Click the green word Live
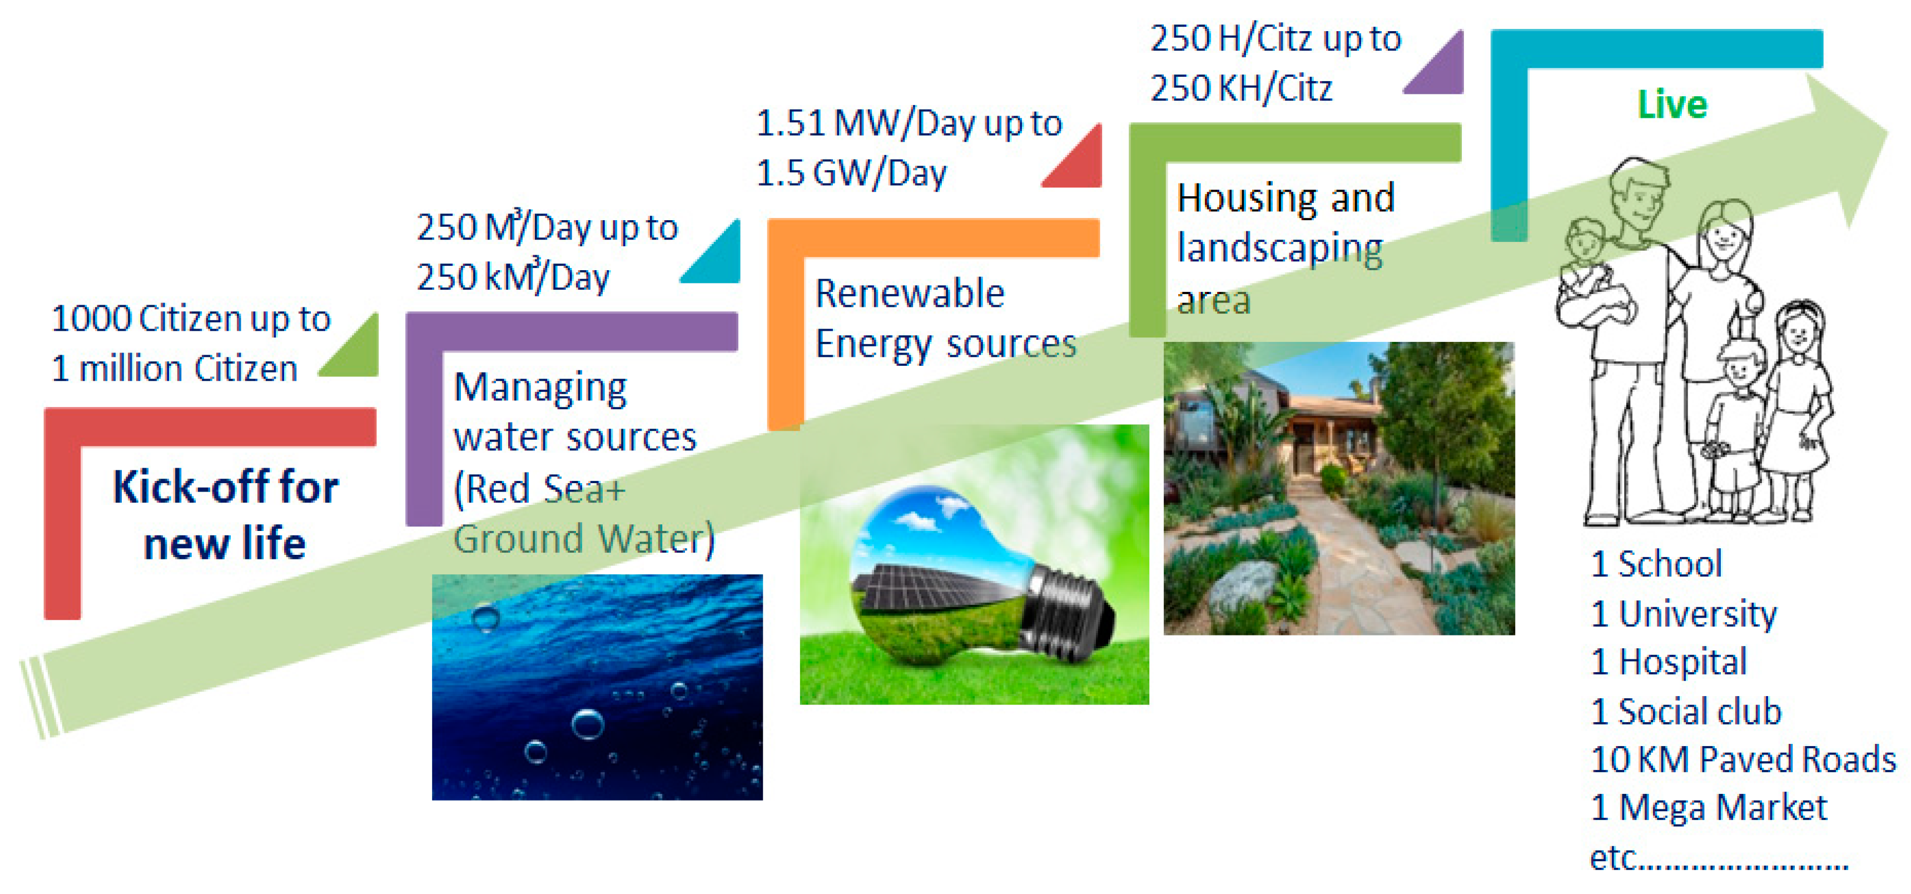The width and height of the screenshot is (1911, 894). tap(1671, 105)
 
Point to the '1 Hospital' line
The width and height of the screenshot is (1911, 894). tap(1669, 662)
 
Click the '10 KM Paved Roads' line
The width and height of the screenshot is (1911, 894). tap(1743, 759)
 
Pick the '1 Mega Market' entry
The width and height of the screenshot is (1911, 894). tap(1709, 807)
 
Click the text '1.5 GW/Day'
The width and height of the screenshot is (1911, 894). tap(851, 173)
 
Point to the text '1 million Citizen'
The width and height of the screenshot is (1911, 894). tap(175, 369)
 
